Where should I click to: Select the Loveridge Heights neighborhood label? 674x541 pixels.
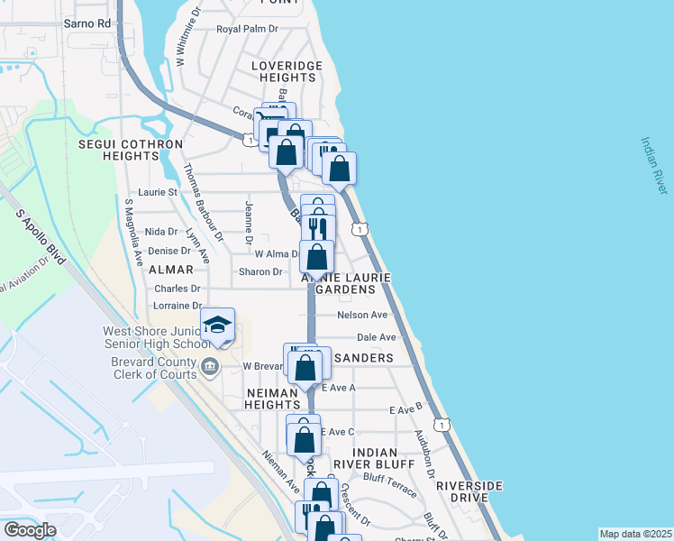pyautogui.click(x=283, y=72)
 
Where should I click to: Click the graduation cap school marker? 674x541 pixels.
pyautogui.click(x=217, y=325)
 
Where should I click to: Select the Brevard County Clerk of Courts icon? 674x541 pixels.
pyautogui.click(x=210, y=366)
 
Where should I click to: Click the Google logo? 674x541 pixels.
pyautogui.click(x=30, y=529)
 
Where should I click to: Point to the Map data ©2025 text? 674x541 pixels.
pyautogui.click(x=634, y=534)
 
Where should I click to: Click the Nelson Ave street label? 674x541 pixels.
pyautogui.click(x=361, y=316)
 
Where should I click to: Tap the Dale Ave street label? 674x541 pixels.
pyautogui.click(x=377, y=337)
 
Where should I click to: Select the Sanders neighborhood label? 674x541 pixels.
pyautogui.click(x=363, y=358)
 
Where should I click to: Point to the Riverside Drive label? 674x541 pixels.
pyautogui.click(x=469, y=491)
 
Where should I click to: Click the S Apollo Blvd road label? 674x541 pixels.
pyautogui.click(x=41, y=237)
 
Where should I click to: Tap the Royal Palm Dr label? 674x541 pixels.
pyautogui.click(x=248, y=29)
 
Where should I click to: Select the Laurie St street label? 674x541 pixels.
pyautogui.click(x=157, y=192)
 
